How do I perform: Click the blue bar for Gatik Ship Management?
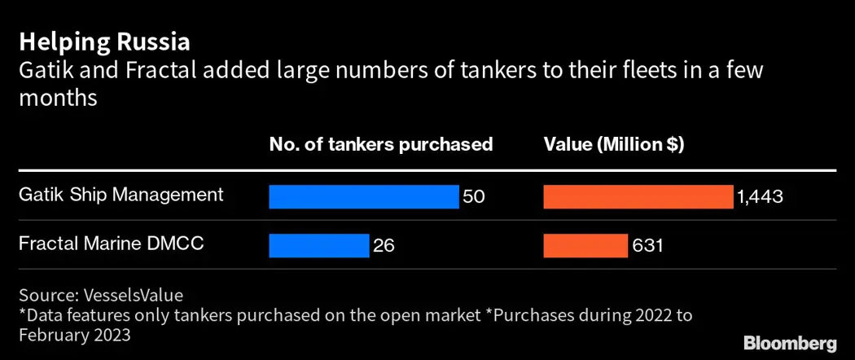point(364,196)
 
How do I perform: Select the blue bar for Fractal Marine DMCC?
point(319,245)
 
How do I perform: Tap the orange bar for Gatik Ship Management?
point(638,196)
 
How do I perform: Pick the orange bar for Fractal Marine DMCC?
point(585,245)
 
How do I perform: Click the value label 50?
point(474,196)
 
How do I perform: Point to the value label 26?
point(384,245)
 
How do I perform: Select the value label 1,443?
point(760,196)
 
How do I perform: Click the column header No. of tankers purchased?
point(381,144)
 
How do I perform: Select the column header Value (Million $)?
point(614,144)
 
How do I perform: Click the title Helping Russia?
point(105,42)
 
